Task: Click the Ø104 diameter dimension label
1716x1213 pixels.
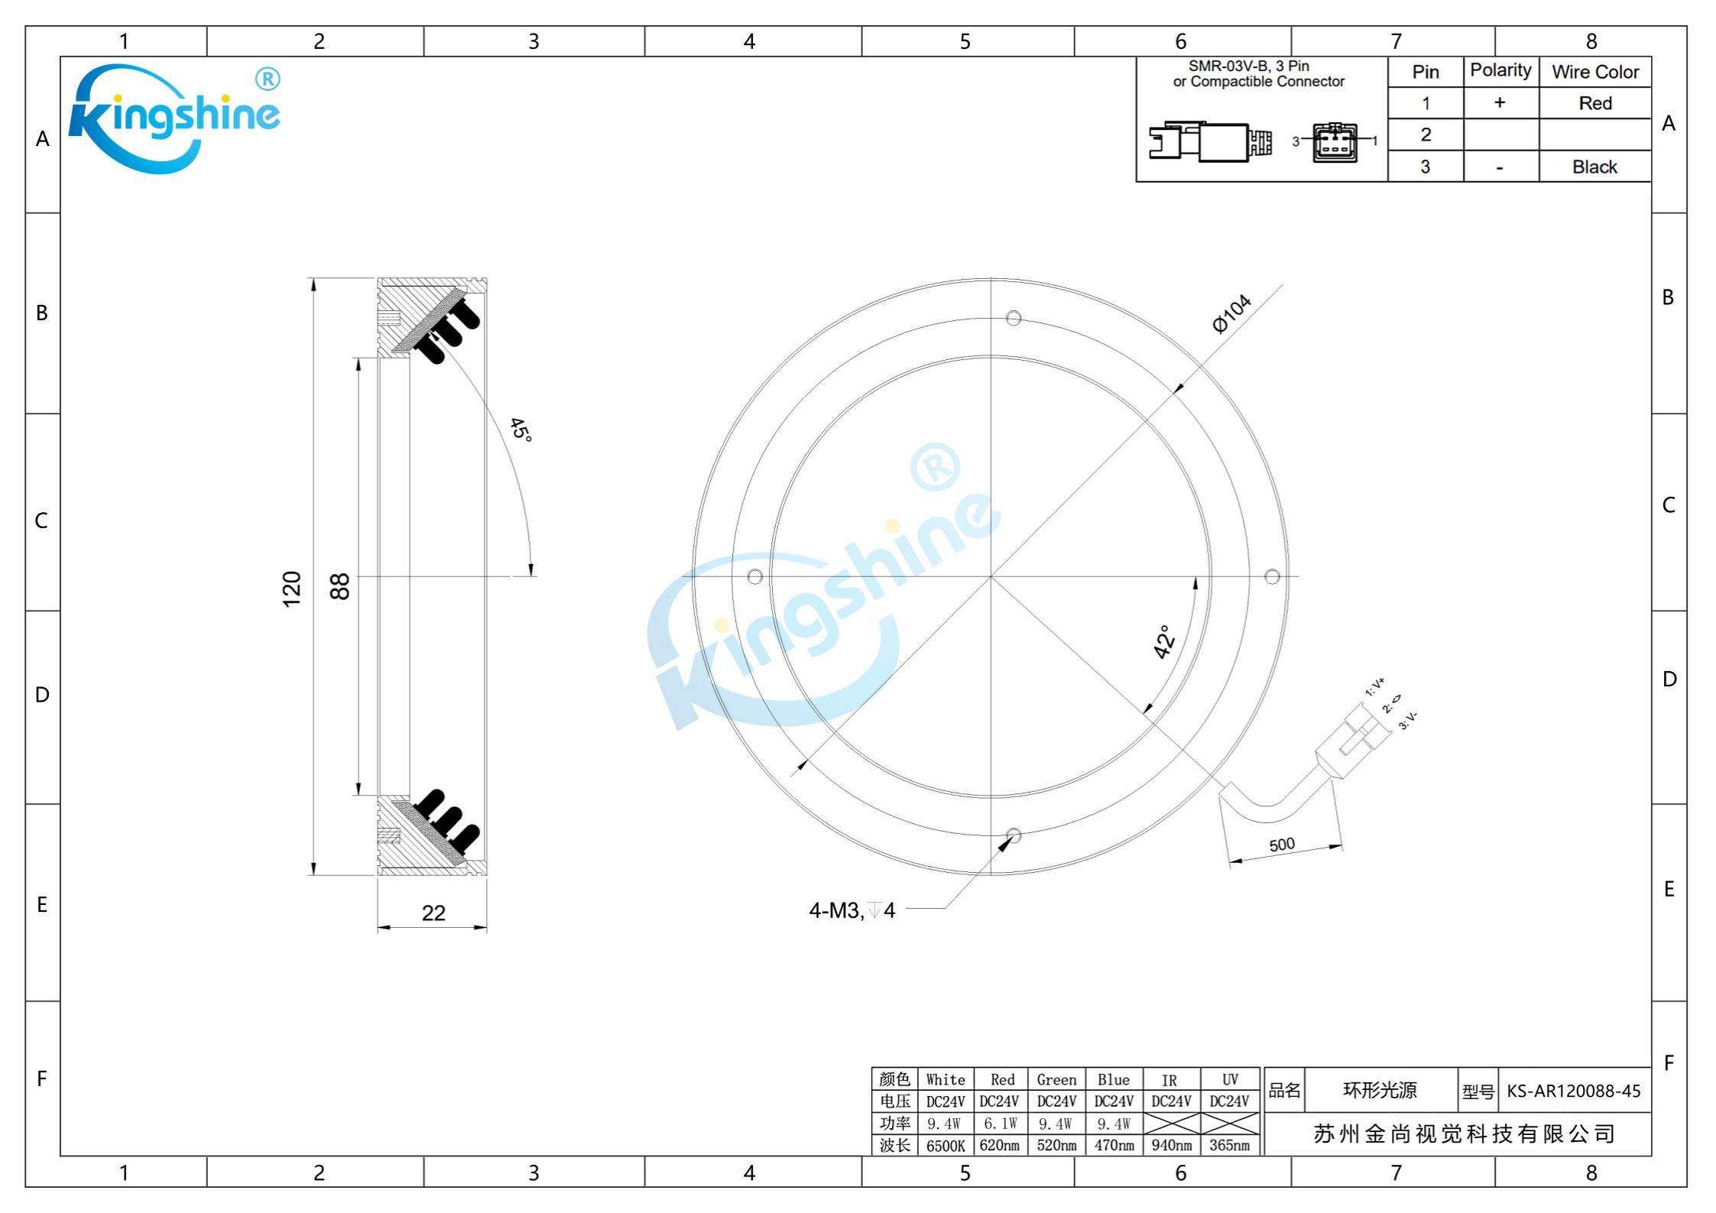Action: click(x=1231, y=313)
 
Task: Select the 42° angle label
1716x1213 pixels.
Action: click(x=1164, y=642)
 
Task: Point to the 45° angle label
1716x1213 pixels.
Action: click(x=521, y=430)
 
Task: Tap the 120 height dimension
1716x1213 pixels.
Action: click(x=292, y=589)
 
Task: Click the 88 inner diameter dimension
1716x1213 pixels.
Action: click(x=339, y=586)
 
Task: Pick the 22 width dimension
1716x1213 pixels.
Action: click(x=433, y=913)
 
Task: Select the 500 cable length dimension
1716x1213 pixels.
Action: click(x=1282, y=845)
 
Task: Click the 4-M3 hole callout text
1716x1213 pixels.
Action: click(x=852, y=910)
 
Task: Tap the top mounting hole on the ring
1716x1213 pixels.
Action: click(x=1014, y=318)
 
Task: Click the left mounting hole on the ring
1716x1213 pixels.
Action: click(x=755, y=576)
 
